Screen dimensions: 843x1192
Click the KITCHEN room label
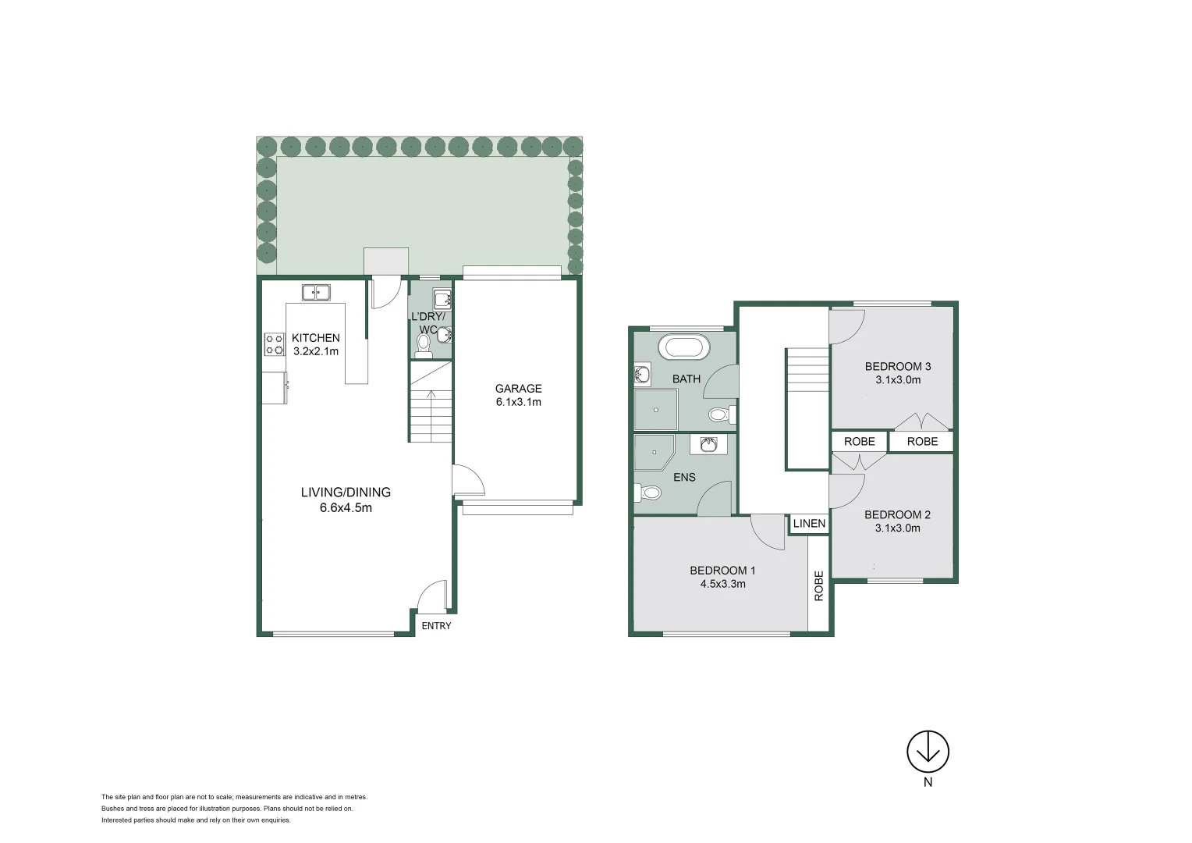coord(315,338)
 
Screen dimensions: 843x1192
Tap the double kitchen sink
coord(317,293)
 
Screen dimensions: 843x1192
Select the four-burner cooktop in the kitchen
coord(275,344)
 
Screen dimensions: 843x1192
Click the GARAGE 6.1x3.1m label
coord(518,395)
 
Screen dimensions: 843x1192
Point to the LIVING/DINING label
coord(346,493)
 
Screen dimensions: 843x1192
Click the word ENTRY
coord(436,626)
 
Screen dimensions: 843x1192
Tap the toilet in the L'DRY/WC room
coord(424,345)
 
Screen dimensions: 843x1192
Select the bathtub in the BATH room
coord(684,347)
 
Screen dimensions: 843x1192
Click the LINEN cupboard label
coord(809,524)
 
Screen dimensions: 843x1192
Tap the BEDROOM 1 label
coord(722,571)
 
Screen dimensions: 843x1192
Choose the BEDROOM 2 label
coord(897,515)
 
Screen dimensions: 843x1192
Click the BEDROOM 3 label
coord(897,367)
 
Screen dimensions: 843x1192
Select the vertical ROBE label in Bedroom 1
coord(818,586)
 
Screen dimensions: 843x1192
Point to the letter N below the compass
coord(928,784)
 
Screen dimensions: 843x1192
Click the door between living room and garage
coord(468,480)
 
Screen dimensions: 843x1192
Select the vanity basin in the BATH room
coord(642,376)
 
